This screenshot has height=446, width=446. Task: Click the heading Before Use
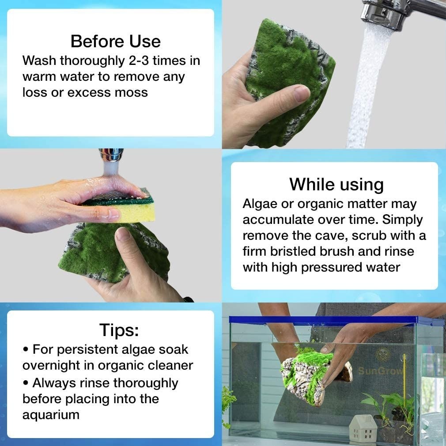point(116,41)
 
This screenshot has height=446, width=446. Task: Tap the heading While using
point(336,185)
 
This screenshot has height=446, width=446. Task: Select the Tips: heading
point(119,330)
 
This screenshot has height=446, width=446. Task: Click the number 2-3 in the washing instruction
point(139,60)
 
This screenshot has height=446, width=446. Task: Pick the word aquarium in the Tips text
point(51,415)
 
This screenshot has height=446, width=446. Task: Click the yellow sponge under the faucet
point(124,208)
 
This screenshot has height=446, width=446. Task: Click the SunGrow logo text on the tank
point(380,370)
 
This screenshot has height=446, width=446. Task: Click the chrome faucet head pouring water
point(385,13)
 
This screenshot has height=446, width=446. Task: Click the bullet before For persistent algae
point(26,350)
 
